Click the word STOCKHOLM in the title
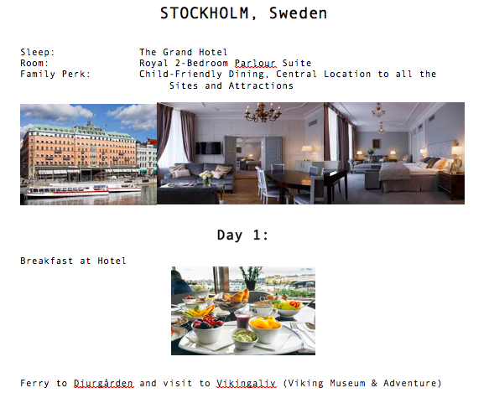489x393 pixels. pyautogui.click(x=205, y=13)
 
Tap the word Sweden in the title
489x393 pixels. pyautogui.click(x=298, y=13)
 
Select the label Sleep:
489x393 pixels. pyautogui.click(x=38, y=52)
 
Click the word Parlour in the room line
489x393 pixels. pyautogui.click(x=255, y=64)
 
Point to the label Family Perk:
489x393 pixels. pyautogui.click(x=55, y=75)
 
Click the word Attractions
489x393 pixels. pyautogui.click(x=261, y=85)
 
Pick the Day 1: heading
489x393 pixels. pyautogui.click(x=242, y=235)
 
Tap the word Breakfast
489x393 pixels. pyautogui.click(x=46, y=261)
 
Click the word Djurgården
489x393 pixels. pyautogui.click(x=103, y=383)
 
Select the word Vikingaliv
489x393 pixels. pyautogui.click(x=246, y=383)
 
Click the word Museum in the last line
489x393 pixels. pyautogui.click(x=347, y=383)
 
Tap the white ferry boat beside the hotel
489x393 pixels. pyautogui.click(x=67, y=191)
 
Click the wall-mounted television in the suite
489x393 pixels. pyautogui.click(x=208, y=147)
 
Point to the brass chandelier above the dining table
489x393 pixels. pyautogui.click(x=263, y=113)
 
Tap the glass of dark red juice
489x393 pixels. pyautogui.click(x=242, y=320)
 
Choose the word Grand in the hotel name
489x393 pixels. pyautogui.click(x=178, y=52)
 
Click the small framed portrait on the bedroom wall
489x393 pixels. pyautogui.click(x=377, y=143)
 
